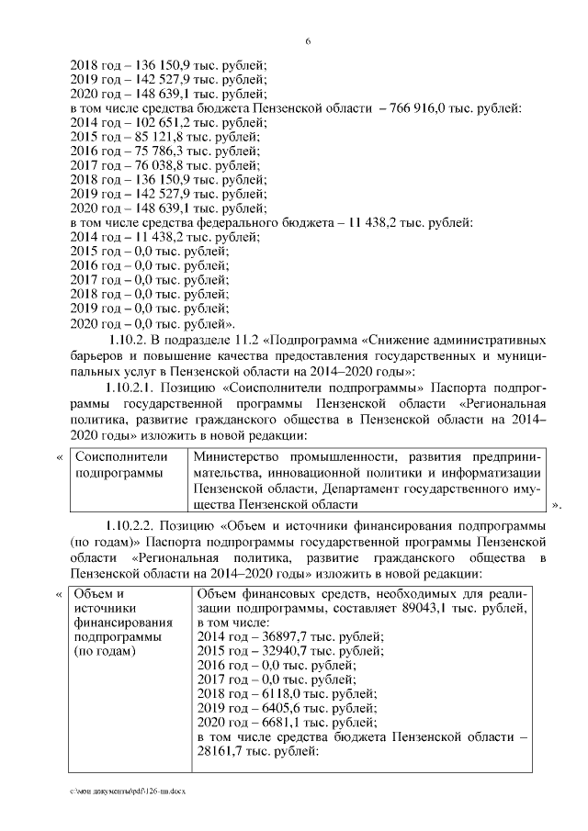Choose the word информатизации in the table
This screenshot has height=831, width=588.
pyautogui.click(x=499, y=472)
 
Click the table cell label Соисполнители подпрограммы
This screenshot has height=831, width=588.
pyautogui.click(x=120, y=465)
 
